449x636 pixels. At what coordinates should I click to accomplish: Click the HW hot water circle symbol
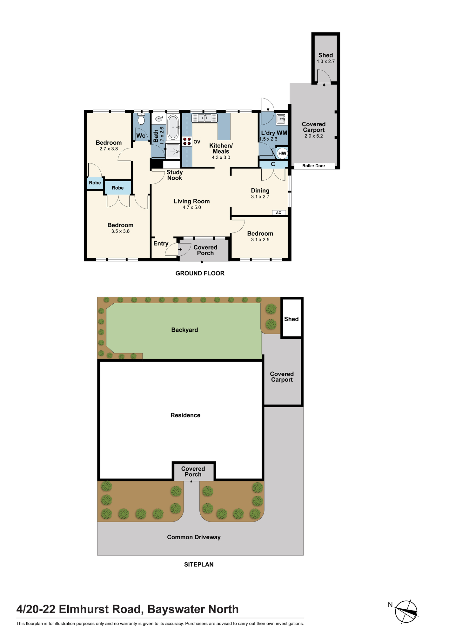coord(282,153)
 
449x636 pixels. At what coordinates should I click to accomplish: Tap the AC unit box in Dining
coord(279,213)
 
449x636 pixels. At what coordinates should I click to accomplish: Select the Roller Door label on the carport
coord(314,166)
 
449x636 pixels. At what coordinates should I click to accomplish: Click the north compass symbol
coord(406,612)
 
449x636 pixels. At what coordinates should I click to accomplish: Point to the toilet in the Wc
coord(141,119)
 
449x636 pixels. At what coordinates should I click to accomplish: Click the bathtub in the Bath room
coord(173,127)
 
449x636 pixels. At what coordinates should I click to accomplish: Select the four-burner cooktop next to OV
coord(187,141)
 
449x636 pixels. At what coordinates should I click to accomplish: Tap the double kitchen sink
coord(204,118)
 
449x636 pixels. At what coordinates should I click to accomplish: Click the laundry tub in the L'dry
coord(281,119)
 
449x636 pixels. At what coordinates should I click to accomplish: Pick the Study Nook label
coord(175,175)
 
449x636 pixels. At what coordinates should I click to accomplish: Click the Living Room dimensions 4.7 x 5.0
coord(192,207)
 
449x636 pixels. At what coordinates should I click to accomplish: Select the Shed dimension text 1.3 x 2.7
coord(326,61)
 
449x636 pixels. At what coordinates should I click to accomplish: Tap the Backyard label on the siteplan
coord(184,330)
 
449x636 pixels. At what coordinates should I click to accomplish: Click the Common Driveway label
coord(194,537)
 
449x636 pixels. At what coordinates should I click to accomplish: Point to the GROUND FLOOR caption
coord(200,273)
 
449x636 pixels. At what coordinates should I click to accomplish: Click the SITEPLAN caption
coord(199,564)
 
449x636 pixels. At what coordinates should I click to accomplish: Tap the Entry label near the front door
coord(161,244)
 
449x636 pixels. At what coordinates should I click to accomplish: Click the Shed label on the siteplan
coord(292,319)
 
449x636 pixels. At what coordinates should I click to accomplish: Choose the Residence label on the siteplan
coord(185,415)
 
